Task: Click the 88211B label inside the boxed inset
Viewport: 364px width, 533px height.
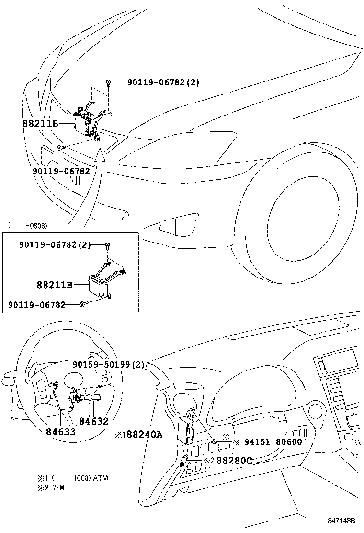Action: [x=54, y=285]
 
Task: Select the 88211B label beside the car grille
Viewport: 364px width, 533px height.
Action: [x=40, y=123]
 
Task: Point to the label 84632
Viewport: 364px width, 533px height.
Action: [x=94, y=421]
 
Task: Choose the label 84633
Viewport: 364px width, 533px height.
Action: [x=61, y=431]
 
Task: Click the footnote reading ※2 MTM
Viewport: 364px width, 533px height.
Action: [x=51, y=487]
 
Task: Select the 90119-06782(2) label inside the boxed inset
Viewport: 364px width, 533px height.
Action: [x=55, y=244]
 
